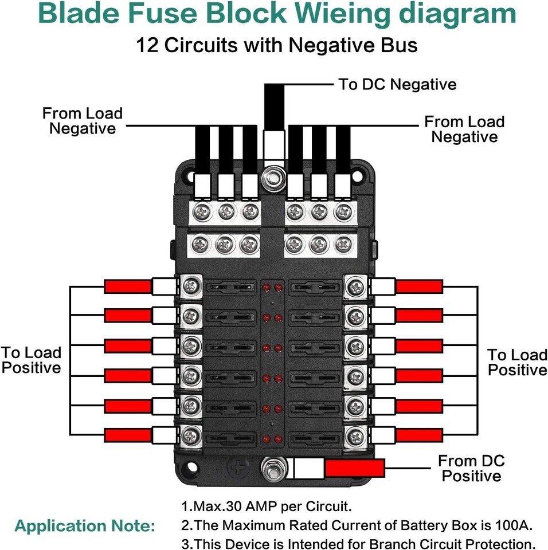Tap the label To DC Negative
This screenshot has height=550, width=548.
pyautogui.click(x=397, y=85)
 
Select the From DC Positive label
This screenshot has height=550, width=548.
pyautogui.click(x=471, y=468)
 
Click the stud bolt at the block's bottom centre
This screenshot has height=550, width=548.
pyautogui.click(x=270, y=468)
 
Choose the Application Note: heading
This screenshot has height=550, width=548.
pyautogui.click(x=85, y=526)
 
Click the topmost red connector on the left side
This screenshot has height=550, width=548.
pyautogui.click(x=127, y=286)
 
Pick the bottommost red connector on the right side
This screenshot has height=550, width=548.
pyautogui.click(x=420, y=435)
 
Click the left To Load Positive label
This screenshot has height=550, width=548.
pyautogui.click(x=31, y=360)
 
